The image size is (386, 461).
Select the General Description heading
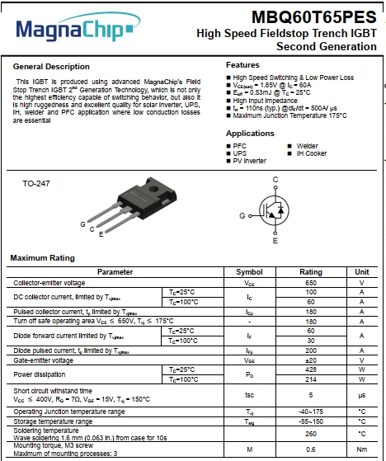click(51, 66)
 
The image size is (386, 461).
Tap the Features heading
click(242, 64)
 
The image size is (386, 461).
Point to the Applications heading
click(250, 133)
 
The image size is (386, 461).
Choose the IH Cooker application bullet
click(311, 153)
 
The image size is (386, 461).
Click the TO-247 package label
click(36, 183)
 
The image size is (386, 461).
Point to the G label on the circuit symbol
click(242, 214)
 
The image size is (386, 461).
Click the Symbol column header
click(249, 271)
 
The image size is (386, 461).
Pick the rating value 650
click(311, 282)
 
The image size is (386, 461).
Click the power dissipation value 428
click(311, 369)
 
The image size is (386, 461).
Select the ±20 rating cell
click(311, 360)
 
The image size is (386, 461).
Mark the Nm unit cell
click(361, 450)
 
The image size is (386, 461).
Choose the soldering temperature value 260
click(311, 433)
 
